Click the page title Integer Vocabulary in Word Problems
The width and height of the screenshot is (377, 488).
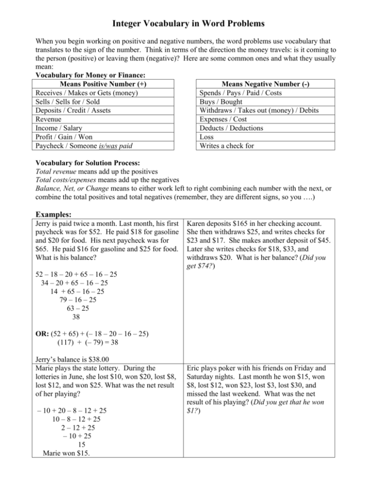pyautogui.click(x=188, y=23)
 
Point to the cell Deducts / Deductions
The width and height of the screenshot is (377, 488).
pyautogui.click(x=231, y=128)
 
